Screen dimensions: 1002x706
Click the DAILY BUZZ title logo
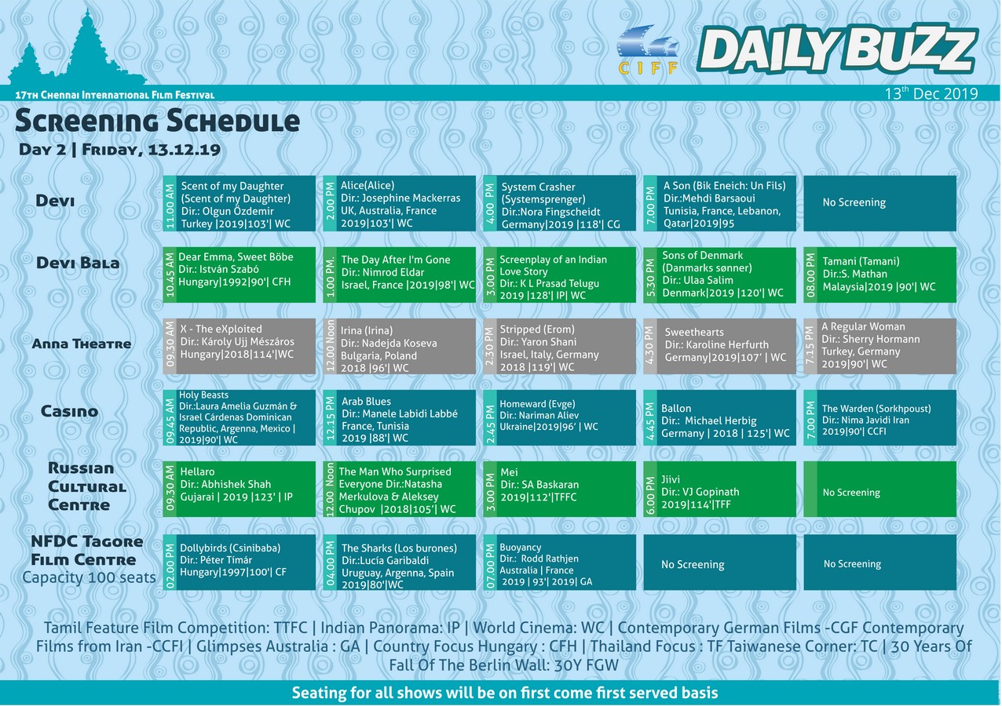pyautogui.click(x=837, y=49)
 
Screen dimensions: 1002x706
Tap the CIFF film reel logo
pyautogui.click(x=648, y=49)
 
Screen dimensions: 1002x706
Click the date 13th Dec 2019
pyautogui.click(x=931, y=93)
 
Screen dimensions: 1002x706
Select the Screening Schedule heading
pyautogui.click(x=157, y=121)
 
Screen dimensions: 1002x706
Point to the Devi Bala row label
pyautogui.click(x=78, y=263)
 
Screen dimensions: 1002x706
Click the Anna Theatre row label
pyautogui.click(x=82, y=344)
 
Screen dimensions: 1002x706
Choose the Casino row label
pyautogui.click(x=69, y=411)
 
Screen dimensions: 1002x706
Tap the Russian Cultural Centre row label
pyautogui.click(x=87, y=486)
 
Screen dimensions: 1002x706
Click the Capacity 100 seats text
pyautogui.click(x=89, y=577)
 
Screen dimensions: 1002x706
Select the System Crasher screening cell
pyautogui.click(x=560, y=203)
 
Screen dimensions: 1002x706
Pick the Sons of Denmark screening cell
pyautogui.click(x=720, y=275)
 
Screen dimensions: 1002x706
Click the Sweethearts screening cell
pyautogui.click(x=720, y=346)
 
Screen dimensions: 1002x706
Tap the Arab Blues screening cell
pyautogui.click(x=400, y=418)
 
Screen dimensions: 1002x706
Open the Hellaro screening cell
pyautogui.click(x=239, y=489)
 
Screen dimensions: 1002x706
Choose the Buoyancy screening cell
pyautogui.click(x=560, y=562)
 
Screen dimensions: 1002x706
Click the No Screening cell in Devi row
pyautogui.click(x=879, y=203)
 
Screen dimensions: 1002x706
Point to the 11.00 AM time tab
pyautogui.click(x=170, y=203)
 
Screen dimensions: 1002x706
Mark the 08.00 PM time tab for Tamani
pyautogui.click(x=810, y=275)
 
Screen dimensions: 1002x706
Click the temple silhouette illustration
pyautogui.click(x=77, y=49)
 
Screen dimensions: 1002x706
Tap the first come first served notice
pyautogui.click(x=505, y=693)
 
